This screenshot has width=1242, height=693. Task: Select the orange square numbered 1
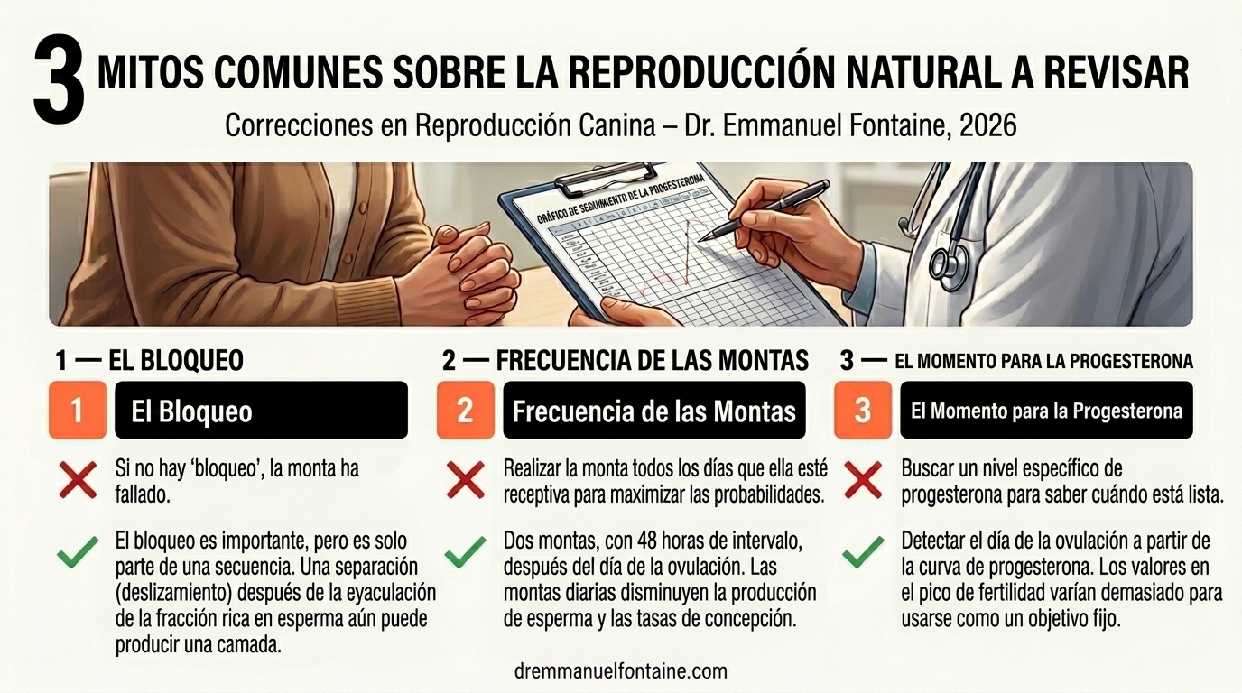(x=77, y=411)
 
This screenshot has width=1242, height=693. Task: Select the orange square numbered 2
(x=465, y=411)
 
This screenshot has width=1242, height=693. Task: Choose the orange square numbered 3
(x=863, y=411)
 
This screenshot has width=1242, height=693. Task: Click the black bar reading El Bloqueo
(x=261, y=411)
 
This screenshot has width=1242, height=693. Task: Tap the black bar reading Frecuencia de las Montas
(x=653, y=411)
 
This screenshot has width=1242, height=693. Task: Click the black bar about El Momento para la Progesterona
(x=1046, y=411)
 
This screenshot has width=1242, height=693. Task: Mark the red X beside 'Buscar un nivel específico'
(x=863, y=480)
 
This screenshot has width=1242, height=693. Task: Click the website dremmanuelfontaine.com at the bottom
(x=619, y=671)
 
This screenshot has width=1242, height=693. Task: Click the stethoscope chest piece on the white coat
(x=948, y=263)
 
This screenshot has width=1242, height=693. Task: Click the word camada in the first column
(x=243, y=645)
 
